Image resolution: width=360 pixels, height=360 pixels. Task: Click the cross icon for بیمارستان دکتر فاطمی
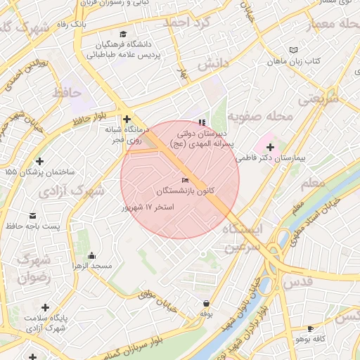point(270,146)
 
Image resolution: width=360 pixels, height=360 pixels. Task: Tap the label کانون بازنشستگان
point(186,191)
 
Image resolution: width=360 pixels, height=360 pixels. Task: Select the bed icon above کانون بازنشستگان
point(186,181)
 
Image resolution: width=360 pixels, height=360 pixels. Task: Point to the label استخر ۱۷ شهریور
point(148,207)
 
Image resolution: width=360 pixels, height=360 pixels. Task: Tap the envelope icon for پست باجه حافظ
point(32,215)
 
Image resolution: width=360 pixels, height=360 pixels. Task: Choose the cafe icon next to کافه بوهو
point(310,328)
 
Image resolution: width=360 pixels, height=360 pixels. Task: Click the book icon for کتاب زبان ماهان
point(293,50)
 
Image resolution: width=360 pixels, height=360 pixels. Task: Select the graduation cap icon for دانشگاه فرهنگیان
point(123,34)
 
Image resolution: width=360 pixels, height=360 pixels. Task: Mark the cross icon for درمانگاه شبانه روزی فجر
point(127,119)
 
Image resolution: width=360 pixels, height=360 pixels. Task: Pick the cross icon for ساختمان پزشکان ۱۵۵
point(39,161)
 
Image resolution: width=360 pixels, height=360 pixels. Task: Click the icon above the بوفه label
point(206,303)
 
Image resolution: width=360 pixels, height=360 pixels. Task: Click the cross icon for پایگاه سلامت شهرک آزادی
point(45,307)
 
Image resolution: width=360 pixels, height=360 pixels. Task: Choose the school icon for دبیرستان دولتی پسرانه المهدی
point(203,122)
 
